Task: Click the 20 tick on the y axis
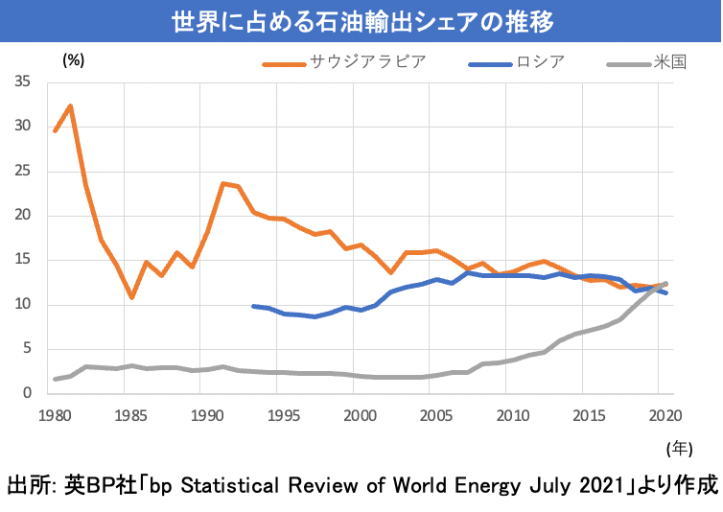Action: coord(24,216)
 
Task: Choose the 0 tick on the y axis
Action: coord(28,393)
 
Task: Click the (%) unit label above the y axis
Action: coord(74,59)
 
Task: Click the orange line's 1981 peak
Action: coord(70,105)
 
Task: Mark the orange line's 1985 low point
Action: coord(131,297)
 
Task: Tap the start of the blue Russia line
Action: coord(252,306)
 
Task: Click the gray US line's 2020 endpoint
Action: coord(666,284)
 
